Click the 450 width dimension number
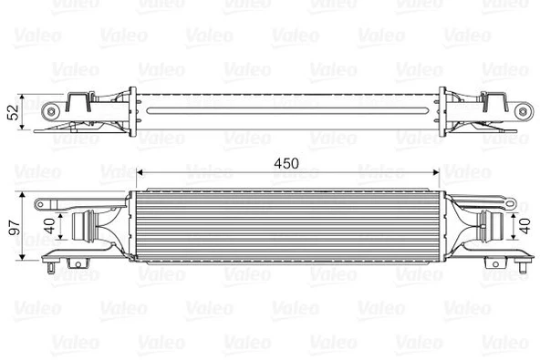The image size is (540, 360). coord(286,163)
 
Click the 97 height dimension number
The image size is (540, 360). coord(15,228)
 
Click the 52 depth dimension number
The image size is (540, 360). coord(13,112)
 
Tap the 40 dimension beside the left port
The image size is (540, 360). coord(50,226)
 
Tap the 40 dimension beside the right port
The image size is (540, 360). coord(524,226)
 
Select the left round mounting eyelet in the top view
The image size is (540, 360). coord(51,111)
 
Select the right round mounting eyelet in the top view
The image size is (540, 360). coord(524,111)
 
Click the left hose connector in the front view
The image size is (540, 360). coord(84,226)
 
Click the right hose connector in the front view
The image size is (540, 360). coord(491,226)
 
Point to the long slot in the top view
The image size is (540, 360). coord(287,111)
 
